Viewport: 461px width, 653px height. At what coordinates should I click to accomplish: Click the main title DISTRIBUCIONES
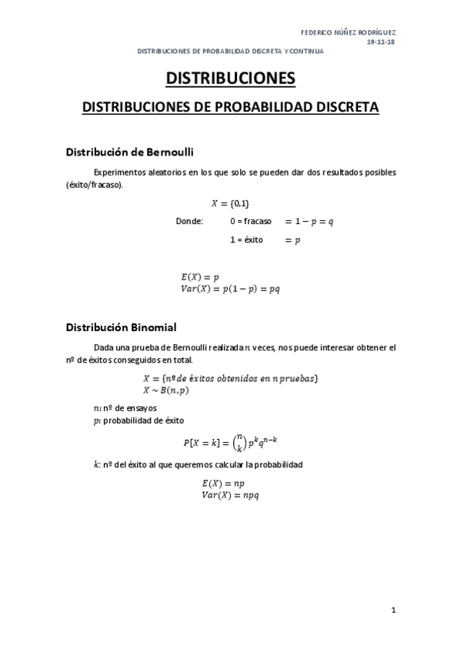pyautogui.click(x=230, y=79)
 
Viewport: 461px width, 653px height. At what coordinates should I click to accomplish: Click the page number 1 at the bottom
pyautogui.click(x=393, y=611)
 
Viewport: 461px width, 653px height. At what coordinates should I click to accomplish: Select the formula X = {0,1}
pyautogui.click(x=230, y=203)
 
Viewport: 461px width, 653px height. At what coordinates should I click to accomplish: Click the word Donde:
pyautogui.click(x=189, y=221)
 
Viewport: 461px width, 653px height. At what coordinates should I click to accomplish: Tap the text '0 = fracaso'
pyautogui.click(x=251, y=221)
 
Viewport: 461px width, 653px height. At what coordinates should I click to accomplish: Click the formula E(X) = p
pyautogui.click(x=200, y=276)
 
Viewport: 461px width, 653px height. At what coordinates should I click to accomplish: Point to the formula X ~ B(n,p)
pyautogui.click(x=166, y=390)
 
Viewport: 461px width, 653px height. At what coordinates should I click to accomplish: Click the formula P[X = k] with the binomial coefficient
pyautogui.click(x=230, y=442)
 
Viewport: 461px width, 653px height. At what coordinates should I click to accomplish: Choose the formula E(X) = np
pyautogui.click(x=222, y=483)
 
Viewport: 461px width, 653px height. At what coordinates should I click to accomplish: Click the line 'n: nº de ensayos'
pyautogui.click(x=125, y=408)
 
